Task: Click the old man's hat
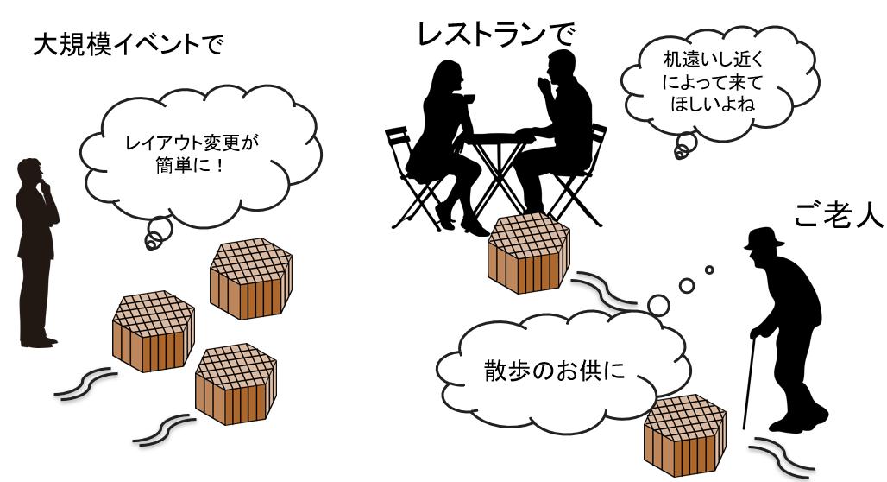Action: tap(763, 238)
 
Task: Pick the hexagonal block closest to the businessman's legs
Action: tap(152, 328)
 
